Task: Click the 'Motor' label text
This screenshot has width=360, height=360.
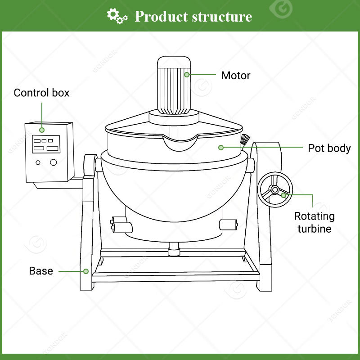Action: tap(235, 75)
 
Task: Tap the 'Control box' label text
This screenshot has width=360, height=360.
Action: tap(41, 93)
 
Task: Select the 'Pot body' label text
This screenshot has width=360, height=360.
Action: tap(329, 148)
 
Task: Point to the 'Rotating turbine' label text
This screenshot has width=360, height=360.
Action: tap(315, 222)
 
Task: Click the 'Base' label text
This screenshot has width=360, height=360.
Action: tap(41, 271)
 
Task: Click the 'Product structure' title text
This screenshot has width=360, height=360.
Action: tap(193, 17)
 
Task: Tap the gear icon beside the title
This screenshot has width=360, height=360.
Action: tap(117, 16)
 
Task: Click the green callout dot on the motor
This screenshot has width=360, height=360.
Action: tap(187, 75)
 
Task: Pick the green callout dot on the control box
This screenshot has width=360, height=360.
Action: tap(42, 130)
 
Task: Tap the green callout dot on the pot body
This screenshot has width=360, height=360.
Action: tap(221, 147)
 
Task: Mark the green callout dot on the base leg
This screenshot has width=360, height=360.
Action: tap(85, 271)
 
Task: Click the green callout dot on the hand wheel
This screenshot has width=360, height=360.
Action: tap(283, 195)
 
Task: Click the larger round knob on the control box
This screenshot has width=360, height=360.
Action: tap(53, 162)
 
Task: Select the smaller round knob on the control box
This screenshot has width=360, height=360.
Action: tap(38, 162)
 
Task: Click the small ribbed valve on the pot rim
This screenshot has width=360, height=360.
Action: tap(244, 140)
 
